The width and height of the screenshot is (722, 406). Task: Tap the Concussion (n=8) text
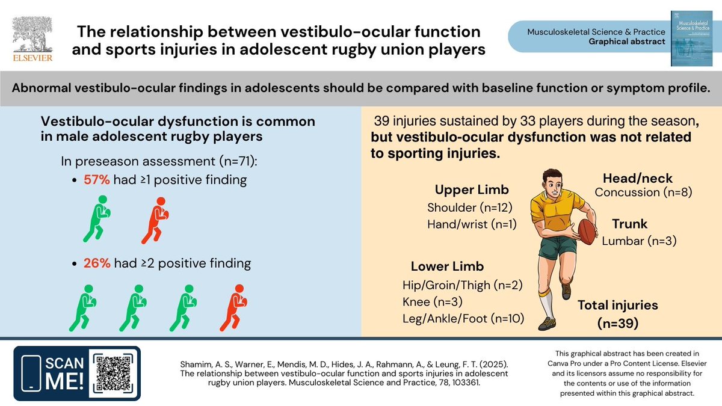click(x=643, y=192)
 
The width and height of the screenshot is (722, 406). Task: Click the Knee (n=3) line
click(x=432, y=302)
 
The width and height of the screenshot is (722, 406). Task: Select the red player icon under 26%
click(x=235, y=307)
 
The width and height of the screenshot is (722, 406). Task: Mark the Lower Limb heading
click(x=447, y=266)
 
